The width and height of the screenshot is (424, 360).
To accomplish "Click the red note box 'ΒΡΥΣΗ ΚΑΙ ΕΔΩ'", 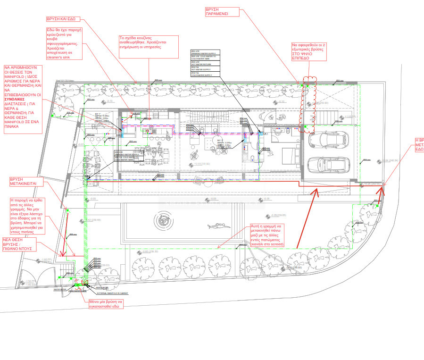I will (x=61, y=19).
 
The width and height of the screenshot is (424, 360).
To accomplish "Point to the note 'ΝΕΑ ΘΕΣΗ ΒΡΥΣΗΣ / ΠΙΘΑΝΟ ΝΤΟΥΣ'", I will (x=21, y=244).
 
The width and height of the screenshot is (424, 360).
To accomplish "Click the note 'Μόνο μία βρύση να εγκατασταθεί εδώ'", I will (x=106, y=303).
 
